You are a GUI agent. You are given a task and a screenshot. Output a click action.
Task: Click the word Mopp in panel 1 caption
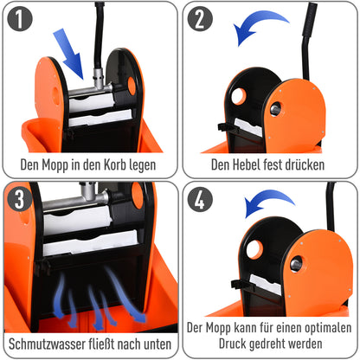(66, 163)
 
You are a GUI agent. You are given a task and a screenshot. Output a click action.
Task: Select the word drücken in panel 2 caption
(314, 163)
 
